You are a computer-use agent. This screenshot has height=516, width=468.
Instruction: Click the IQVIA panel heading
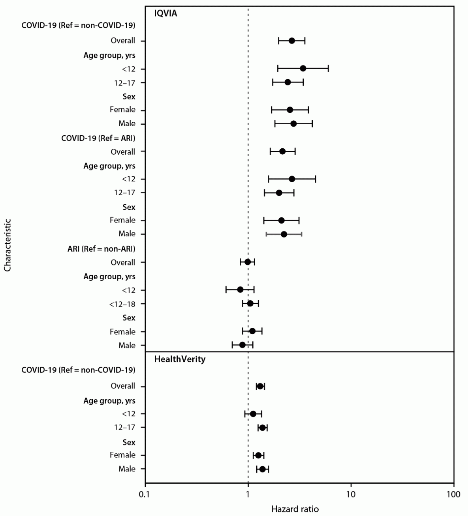coord(165,13)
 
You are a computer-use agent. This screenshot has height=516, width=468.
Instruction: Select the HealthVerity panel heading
coord(180,359)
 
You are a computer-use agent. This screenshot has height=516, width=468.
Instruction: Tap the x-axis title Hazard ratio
coord(295,509)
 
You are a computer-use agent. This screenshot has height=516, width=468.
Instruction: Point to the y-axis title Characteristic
coord(8,245)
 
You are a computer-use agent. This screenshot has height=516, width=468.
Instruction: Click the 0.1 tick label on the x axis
coord(145,494)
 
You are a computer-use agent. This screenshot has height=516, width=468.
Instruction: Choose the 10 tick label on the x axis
coord(351,494)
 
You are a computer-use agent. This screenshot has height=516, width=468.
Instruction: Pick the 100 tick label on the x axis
coord(453,494)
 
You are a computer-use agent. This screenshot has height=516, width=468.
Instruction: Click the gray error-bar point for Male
coord(284,234)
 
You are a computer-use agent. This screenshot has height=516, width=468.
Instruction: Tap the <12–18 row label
coord(122,304)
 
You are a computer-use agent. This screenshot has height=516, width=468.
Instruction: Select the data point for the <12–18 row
coord(250,303)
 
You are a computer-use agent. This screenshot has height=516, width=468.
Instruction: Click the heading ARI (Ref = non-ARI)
coord(101,249)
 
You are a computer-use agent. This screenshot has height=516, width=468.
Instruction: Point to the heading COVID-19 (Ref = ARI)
coord(98,138)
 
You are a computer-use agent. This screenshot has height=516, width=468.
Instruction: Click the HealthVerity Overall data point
coord(260,386)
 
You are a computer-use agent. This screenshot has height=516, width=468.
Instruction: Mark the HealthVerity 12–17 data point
coord(262,428)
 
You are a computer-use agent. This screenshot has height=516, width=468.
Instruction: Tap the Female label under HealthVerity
coord(122,455)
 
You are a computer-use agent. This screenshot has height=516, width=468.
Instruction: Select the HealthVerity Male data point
coord(262,469)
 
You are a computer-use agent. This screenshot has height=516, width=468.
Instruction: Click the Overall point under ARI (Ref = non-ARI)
coord(248,262)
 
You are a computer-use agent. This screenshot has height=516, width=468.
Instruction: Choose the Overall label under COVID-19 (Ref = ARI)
coord(123,152)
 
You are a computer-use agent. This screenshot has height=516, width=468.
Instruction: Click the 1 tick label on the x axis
coord(248,494)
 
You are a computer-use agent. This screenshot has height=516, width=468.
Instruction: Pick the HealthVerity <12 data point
coord(253,414)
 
